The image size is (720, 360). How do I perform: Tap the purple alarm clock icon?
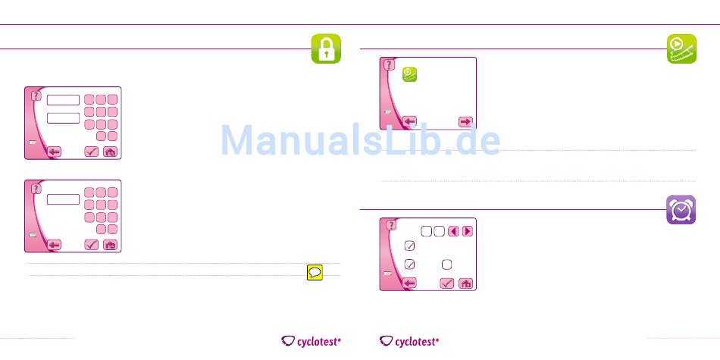click(681, 208)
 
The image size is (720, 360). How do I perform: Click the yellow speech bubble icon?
click(315, 274)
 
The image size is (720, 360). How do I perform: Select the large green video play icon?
click(681, 49)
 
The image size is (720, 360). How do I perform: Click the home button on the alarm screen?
click(466, 283)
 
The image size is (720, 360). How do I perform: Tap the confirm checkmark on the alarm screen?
click(446, 283)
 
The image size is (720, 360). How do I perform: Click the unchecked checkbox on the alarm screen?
click(447, 264)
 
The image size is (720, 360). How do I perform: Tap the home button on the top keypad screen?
click(111, 152)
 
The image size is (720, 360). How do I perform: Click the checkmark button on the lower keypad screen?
click(92, 244)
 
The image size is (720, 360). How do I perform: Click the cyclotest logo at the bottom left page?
click(311, 342)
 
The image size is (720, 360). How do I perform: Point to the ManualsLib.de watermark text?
click(361, 141)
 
